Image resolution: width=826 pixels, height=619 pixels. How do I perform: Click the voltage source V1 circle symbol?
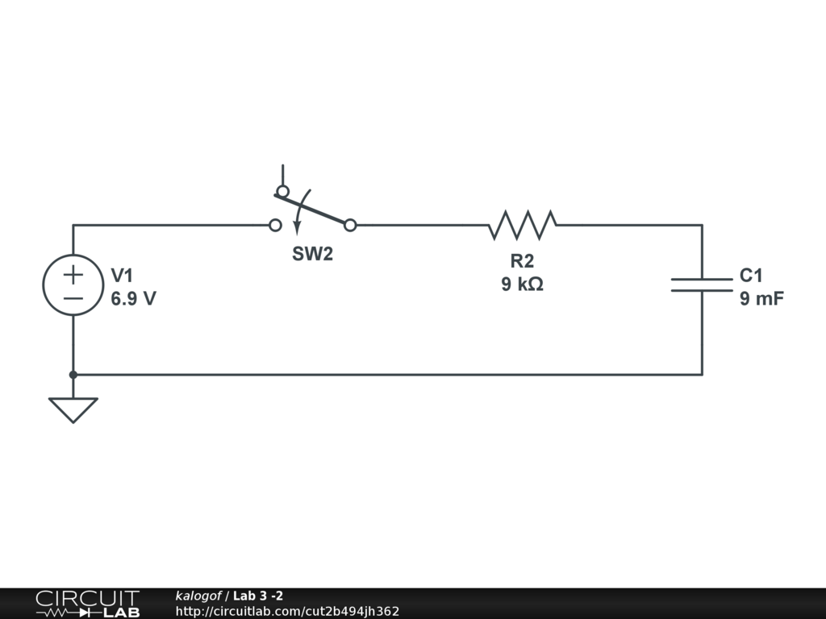point(73,285)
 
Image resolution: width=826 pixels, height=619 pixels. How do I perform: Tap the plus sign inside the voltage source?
point(73,274)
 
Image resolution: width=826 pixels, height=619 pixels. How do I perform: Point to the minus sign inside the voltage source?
point(73,297)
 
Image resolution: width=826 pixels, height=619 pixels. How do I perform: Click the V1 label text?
point(122,276)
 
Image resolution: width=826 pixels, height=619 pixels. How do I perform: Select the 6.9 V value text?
point(133,298)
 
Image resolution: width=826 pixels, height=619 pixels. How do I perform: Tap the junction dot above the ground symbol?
point(73,375)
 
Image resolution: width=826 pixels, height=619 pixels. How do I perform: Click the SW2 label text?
point(312,254)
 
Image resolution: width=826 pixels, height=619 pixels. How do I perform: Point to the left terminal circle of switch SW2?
point(275,225)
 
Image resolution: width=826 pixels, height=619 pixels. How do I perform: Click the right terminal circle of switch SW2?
point(350,225)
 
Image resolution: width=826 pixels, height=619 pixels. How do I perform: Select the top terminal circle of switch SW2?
point(282,191)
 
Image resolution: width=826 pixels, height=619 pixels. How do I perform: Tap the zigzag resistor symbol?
point(522,225)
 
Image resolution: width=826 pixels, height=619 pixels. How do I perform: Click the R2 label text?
point(522,261)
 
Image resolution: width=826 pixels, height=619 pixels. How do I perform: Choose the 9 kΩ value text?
point(522,284)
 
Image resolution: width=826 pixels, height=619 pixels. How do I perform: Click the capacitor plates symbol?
point(702,284)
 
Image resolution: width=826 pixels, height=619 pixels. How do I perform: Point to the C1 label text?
point(751,276)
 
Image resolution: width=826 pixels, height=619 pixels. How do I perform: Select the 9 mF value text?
point(761,298)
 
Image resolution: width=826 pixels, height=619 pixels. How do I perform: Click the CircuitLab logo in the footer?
point(87,604)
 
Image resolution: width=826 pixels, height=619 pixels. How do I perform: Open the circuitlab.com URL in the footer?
point(287,611)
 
